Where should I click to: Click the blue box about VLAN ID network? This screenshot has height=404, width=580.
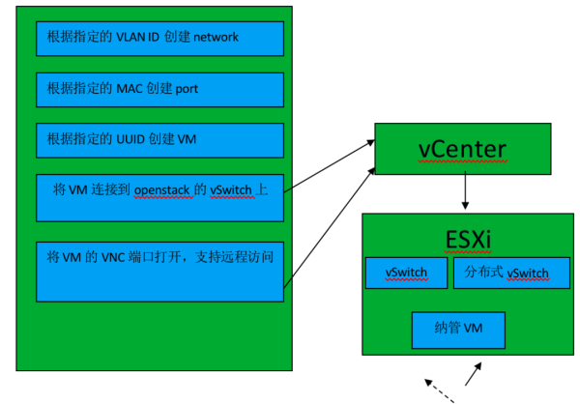click(159, 39)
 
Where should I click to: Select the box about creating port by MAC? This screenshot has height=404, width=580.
click(159, 89)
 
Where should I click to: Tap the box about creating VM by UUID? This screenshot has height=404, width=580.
click(159, 139)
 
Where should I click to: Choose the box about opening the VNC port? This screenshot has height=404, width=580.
click(159, 272)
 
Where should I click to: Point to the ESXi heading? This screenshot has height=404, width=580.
click(463, 238)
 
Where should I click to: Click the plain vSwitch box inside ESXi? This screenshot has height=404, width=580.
click(407, 273)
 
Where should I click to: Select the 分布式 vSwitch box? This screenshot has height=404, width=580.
click(507, 273)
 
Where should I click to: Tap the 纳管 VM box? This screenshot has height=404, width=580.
click(459, 330)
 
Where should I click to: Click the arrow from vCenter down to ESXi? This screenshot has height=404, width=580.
click(466, 193)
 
